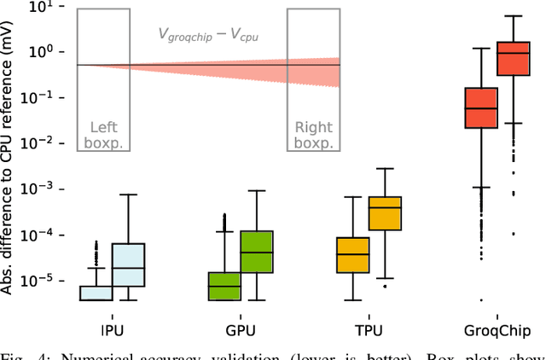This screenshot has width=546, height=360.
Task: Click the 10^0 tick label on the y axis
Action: pyautogui.click(x=45, y=52)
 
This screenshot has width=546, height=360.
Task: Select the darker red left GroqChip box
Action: pyautogui.click(x=480, y=107)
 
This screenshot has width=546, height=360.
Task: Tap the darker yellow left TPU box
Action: pyautogui.click(x=352, y=254)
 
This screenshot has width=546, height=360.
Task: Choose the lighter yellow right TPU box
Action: pyautogui.click(x=385, y=212)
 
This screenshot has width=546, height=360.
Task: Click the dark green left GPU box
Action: pyautogui.click(x=224, y=286)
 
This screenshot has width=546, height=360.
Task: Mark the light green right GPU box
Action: pyautogui.click(x=256, y=252)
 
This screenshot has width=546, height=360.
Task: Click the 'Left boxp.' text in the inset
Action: pyautogui.click(x=104, y=135)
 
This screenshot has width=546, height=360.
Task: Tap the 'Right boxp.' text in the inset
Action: pyautogui.click(x=313, y=135)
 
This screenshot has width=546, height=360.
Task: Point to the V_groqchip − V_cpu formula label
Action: pyautogui.click(x=208, y=34)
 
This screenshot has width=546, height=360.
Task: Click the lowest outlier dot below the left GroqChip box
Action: pyautogui.click(x=480, y=299)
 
